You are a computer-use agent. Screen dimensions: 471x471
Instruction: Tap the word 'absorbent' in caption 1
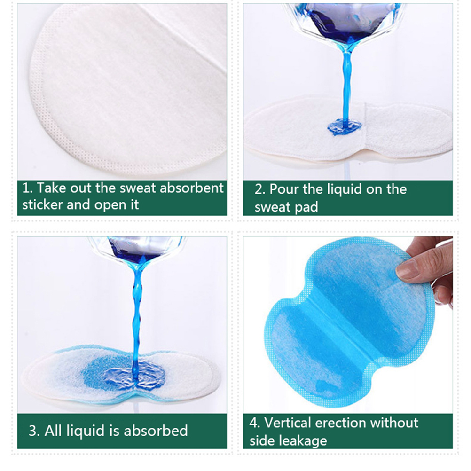[192, 188]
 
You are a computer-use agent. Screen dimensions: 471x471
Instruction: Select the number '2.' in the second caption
[260, 189]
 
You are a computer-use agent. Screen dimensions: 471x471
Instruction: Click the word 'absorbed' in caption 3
[156, 431]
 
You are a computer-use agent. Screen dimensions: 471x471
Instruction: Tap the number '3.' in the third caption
[34, 431]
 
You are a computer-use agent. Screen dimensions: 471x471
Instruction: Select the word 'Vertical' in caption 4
[288, 423]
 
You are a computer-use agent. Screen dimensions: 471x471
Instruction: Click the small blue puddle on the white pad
[344, 127]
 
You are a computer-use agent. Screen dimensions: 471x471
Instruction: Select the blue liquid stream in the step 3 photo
[137, 318]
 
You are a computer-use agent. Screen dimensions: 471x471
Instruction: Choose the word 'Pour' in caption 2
[284, 189]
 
